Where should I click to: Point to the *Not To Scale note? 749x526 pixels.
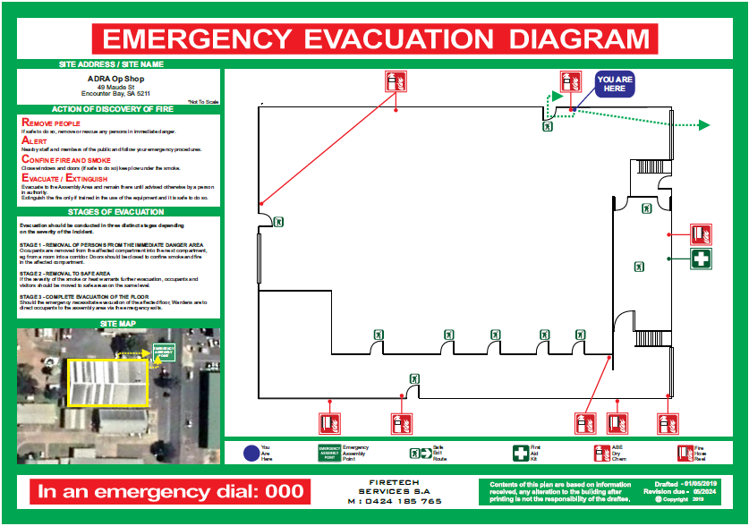(x=203, y=103)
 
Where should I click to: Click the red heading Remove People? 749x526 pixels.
(x=51, y=123)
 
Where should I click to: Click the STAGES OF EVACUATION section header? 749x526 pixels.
(x=118, y=212)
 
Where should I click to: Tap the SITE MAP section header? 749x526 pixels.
(x=118, y=323)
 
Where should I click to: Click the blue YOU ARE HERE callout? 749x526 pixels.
(x=614, y=85)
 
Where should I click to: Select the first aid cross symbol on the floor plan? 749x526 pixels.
(x=702, y=259)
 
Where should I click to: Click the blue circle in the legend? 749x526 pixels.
(x=251, y=453)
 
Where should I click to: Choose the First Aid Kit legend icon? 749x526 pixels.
(x=521, y=454)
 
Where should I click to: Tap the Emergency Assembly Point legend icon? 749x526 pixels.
(x=330, y=454)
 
